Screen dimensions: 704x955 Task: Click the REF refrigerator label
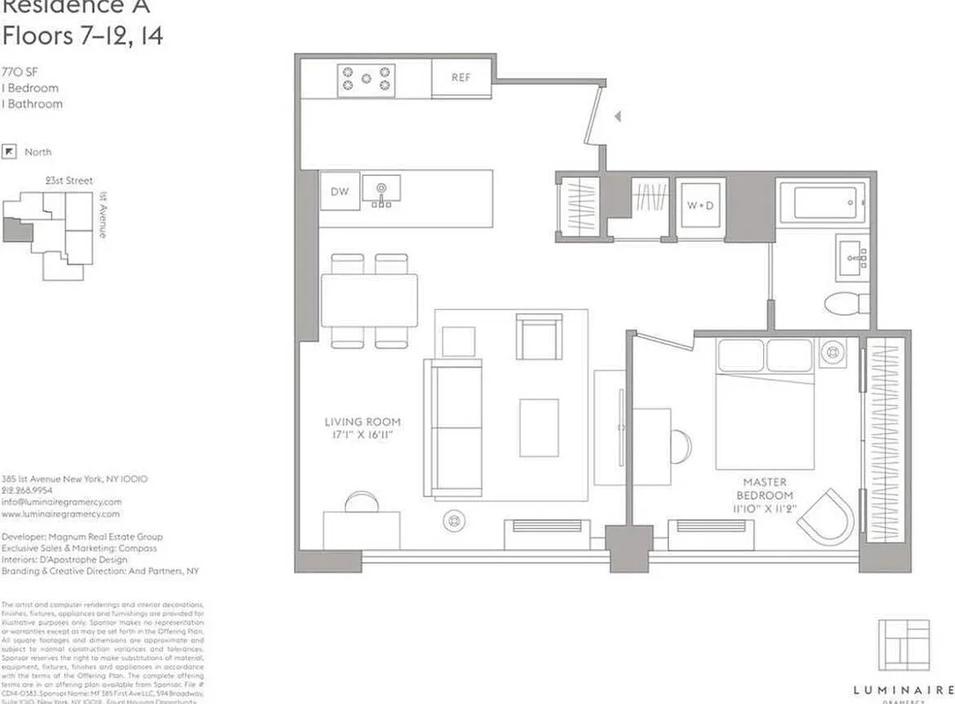coord(461,77)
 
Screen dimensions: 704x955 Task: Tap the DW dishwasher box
coord(340,191)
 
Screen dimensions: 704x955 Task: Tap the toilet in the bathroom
coord(846,303)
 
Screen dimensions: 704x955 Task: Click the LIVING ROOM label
coord(362,429)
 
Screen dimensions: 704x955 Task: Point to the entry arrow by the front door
coord(618,116)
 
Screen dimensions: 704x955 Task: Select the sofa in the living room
coord(454,426)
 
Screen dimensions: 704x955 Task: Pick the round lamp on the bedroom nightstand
coord(832,353)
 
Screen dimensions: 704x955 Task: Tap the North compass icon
coord(11,151)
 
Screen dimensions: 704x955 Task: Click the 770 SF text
coord(19,72)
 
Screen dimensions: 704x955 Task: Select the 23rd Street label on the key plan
coord(69,180)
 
